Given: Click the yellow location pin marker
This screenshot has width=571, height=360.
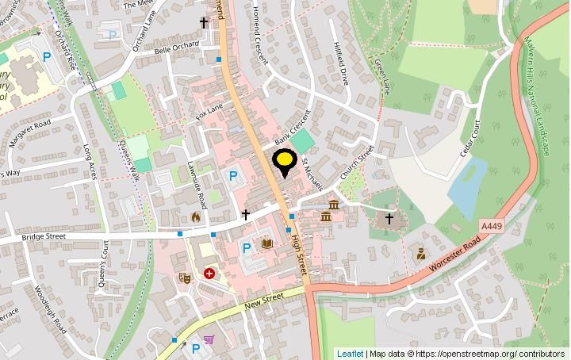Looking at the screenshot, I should pos(284,163).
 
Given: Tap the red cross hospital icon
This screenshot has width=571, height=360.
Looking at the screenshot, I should pos(209,274).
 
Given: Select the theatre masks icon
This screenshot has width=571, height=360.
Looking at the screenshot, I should pos(184,277).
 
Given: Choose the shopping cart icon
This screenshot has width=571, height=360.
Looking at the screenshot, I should pos(209,340).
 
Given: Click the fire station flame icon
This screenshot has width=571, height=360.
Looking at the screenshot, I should pos(196,216).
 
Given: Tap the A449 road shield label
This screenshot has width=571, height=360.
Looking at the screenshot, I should pos(492,226).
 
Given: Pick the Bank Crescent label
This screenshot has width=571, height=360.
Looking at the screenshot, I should pos(290,127).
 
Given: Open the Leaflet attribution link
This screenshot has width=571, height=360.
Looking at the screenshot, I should pos(350,354).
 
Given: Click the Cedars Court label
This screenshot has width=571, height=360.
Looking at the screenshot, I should pos(469,139).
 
